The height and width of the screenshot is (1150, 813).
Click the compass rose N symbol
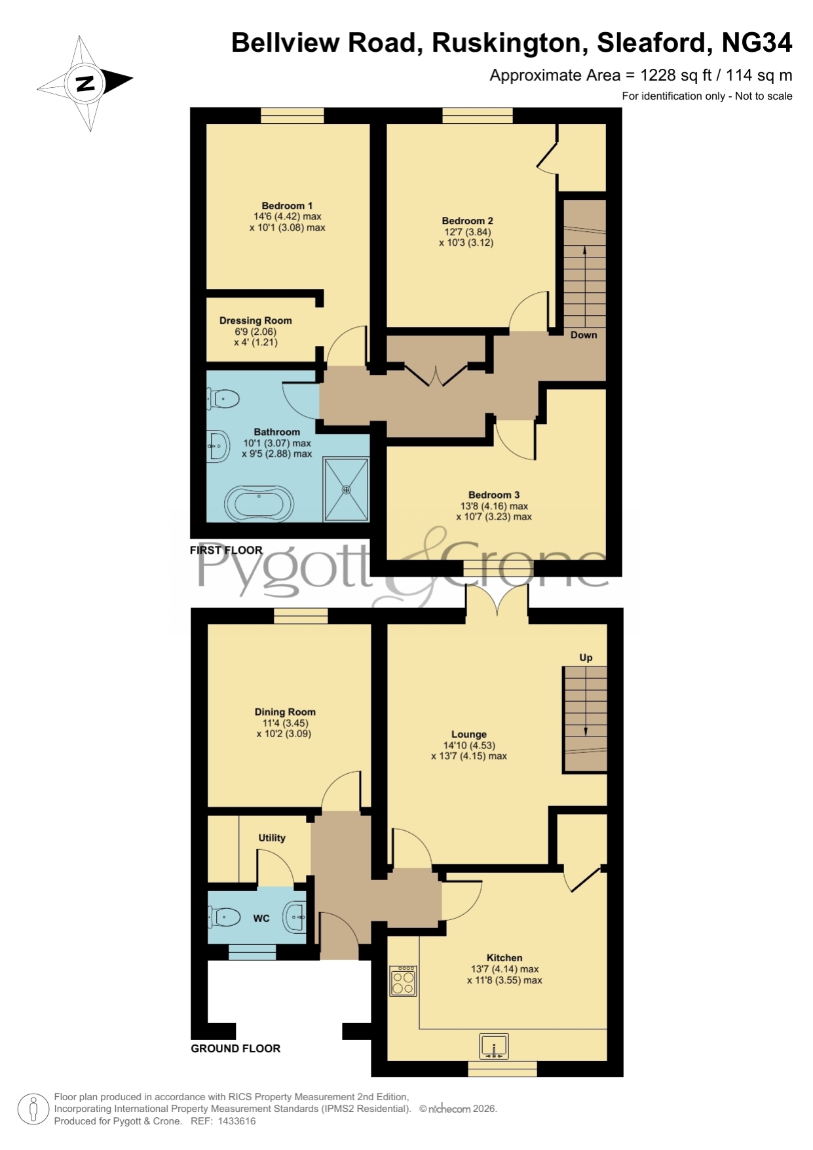(85, 83)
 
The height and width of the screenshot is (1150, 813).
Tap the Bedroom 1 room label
(287, 206)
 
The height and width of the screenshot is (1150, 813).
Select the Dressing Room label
(255, 320)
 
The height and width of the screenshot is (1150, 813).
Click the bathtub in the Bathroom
(259, 503)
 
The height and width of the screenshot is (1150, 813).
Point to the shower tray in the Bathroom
(347, 489)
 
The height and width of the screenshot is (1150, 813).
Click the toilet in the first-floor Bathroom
(223, 398)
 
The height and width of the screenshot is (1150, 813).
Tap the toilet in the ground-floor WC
(223, 917)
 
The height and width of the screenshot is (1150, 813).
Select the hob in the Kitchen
(403, 981)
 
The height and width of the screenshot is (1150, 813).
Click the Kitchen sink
(495, 1046)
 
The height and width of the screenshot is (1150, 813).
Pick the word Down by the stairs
(584, 335)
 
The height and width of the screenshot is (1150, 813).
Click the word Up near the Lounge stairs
(586, 658)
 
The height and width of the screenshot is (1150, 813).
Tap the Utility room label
(272, 838)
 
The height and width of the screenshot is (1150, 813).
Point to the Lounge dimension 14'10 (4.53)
(469, 745)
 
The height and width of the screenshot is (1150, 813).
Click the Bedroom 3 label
(494, 495)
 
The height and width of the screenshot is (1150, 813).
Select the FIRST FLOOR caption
(226, 550)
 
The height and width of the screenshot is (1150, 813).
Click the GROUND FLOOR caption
(236, 1048)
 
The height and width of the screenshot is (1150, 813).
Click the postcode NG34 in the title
(757, 43)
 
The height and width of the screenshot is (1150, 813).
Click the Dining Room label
(285, 712)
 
